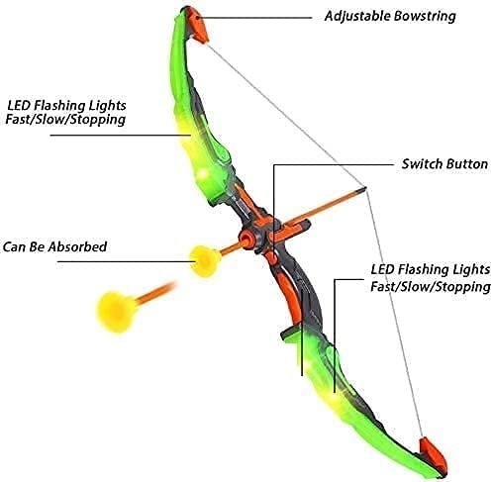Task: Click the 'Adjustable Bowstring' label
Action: pyautogui.click(x=390, y=16)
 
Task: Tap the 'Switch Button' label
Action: pyautogui.click(x=444, y=164)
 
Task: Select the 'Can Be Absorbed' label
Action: pyautogui.click(x=54, y=246)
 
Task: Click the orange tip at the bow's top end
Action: pyautogui.click(x=200, y=29)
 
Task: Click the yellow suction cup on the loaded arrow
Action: pyautogui.click(x=205, y=260)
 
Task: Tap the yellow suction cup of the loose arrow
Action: pyautogui.click(x=116, y=312)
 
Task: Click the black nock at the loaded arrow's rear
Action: pyautogui.click(x=362, y=188)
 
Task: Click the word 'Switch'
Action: pyautogui.click(x=422, y=164)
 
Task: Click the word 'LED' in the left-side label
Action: pyautogui.click(x=19, y=106)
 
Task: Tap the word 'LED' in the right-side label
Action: pyautogui.click(x=383, y=269)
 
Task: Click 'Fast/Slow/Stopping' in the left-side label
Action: pyautogui.click(x=65, y=120)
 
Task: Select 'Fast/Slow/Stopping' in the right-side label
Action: pyautogui.click(x=431, y=286)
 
